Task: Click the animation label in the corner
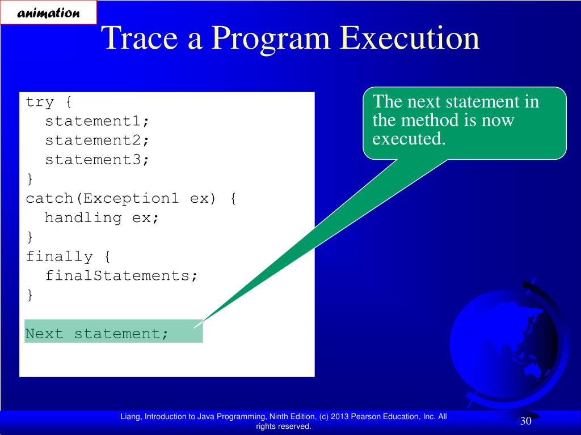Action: point(48,13)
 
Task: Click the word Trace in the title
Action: point(141,38)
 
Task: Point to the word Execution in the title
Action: point(410,38)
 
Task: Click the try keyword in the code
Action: point(40,102)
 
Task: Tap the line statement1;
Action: point(97,121)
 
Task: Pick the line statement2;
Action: point(97,140)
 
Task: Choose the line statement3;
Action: point(97,159)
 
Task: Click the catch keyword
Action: point(49,198)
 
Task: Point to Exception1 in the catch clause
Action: point(131,198)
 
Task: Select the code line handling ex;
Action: point(102,217)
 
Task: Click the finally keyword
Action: point(59,257)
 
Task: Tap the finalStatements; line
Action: point(121,276)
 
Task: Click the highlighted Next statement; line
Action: point(96,334)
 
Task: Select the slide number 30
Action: point(526,421)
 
